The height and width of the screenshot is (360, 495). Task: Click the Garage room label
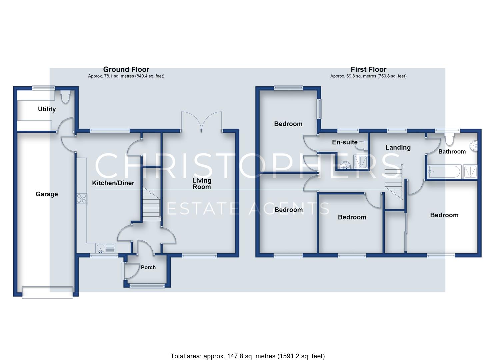(x=47, y=194)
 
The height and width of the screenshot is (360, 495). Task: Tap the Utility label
(x=47, y=109)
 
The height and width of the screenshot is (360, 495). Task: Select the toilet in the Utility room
(x=65, y=97)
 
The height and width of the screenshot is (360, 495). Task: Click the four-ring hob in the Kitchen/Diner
(x=82, y=199)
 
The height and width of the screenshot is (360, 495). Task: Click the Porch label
(x=148, y=267)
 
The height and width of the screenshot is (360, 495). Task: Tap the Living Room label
(x=202, y=184)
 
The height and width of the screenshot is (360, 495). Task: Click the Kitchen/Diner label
(x=113, y=183)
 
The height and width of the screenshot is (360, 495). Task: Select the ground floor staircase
(x=151, y=204)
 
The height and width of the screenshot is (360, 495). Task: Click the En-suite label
(x=345, y=142)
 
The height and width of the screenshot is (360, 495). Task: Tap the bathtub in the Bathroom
(x=445, y=171)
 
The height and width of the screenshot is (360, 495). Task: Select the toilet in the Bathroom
(x=449, y=139)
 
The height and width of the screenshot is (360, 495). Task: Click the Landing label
(x=398, y=147)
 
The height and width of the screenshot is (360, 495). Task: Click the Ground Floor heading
(x=126, y=70)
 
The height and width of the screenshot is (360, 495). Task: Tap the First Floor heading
(x=369, y=70)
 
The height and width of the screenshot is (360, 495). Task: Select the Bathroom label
(x=452, y=152)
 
